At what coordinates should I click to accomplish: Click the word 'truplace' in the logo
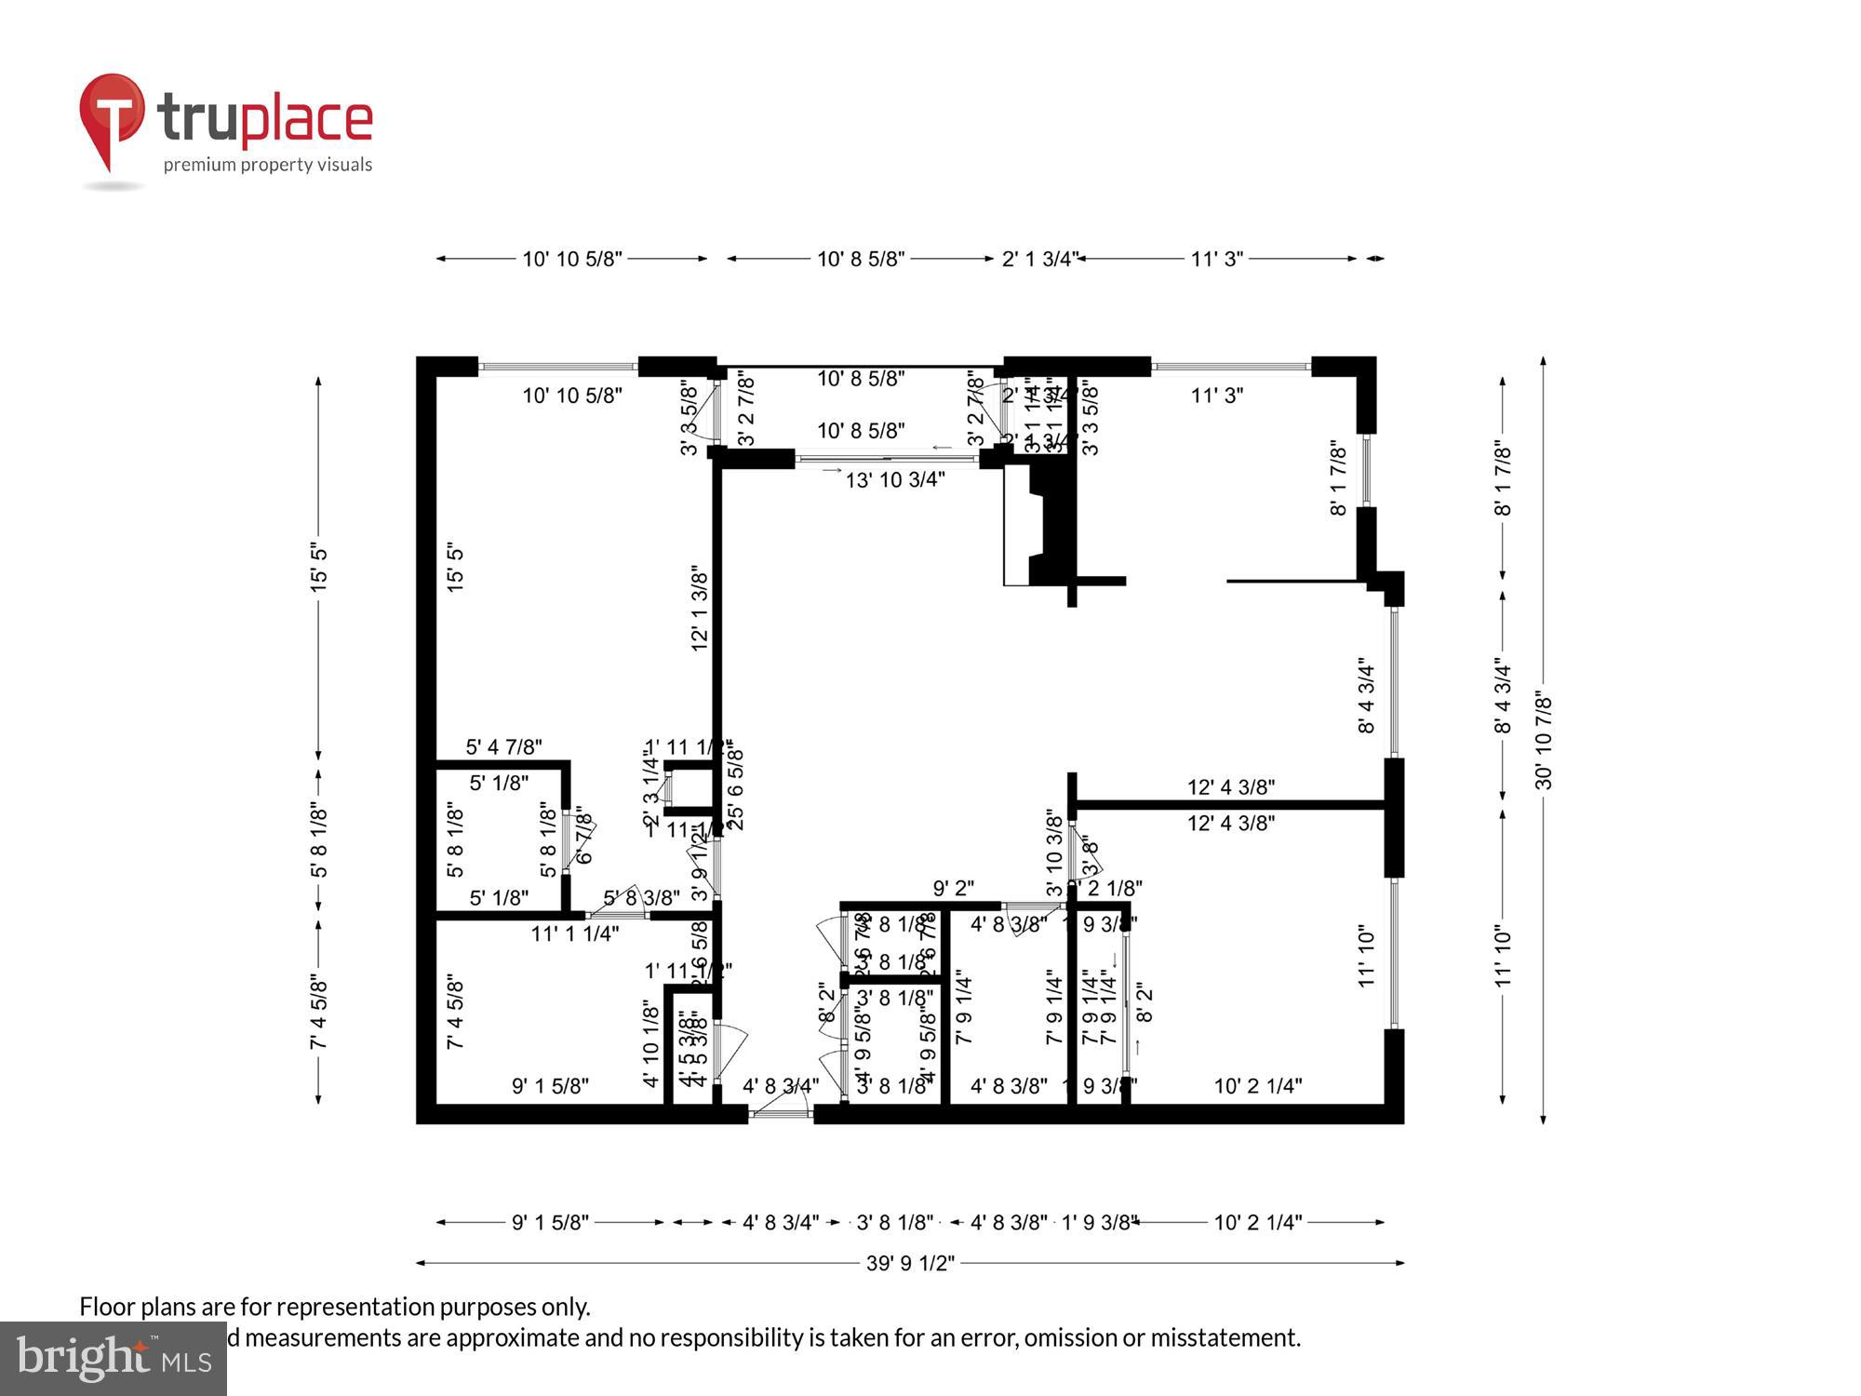[265, 119]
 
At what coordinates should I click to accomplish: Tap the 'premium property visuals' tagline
[267, 165]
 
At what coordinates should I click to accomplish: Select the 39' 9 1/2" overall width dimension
[910, 1263]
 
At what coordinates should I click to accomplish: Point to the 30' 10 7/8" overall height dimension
[1544, 740]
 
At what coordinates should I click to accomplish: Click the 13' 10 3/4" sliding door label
[894, 479]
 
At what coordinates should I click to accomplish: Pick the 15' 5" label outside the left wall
[319, 567]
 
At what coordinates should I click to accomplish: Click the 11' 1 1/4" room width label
[574, 933]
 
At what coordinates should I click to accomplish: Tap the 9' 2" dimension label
[953, 889]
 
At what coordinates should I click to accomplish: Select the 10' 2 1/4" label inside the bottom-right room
[1257, 1085]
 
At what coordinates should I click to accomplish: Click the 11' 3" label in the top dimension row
[1216, 259]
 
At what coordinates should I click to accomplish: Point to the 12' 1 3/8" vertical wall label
[700, 607]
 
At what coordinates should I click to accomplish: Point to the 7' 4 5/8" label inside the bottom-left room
[455, 1012]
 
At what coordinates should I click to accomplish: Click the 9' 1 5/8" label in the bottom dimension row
[550, 1222]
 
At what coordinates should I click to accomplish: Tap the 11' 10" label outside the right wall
[1503, 956]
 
